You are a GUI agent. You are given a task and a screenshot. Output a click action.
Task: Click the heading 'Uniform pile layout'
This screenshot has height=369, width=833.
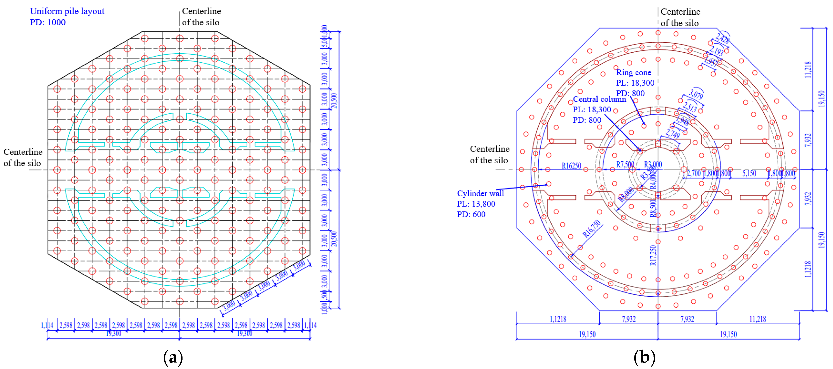point(67,11)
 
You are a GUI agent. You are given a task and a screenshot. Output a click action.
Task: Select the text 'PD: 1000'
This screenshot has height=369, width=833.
point(48,22)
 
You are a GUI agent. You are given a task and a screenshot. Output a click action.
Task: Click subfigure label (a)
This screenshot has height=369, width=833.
point(173,357)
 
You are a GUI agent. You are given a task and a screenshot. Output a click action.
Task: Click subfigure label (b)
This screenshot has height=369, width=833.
point(644,357)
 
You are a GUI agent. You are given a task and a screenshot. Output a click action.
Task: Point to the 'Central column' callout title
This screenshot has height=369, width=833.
point(599,99)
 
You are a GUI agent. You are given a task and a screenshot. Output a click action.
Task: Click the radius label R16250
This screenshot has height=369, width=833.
point(571,166)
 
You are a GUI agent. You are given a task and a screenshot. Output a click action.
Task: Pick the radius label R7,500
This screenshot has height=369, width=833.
point(625,164)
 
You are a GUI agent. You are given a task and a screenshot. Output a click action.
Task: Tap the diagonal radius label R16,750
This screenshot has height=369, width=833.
point(591,229)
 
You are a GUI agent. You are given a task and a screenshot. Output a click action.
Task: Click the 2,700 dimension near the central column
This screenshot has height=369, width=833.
point(693,173)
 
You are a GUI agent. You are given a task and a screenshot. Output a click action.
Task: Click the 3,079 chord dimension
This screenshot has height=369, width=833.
point(695,95)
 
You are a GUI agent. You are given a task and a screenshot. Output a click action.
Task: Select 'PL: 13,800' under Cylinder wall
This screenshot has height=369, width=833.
point(476,204)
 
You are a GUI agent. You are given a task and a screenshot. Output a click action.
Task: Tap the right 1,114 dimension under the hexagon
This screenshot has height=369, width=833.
point(311,325)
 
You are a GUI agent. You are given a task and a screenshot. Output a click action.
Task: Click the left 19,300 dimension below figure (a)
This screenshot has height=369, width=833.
point(114,333)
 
